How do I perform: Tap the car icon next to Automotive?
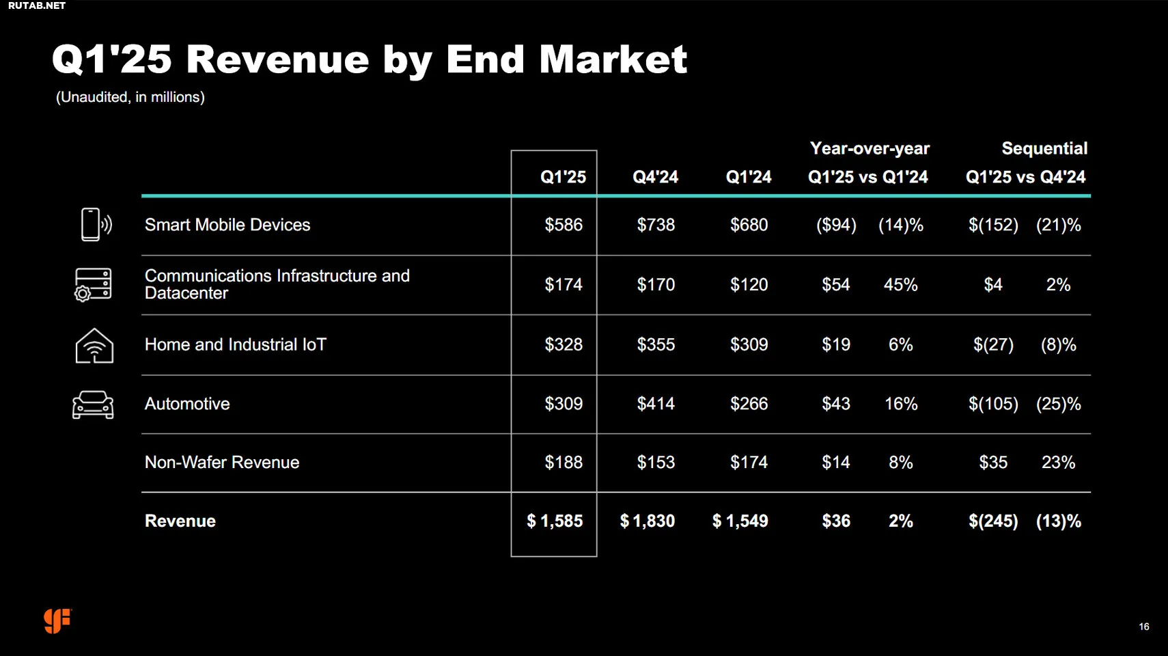pos(93,405)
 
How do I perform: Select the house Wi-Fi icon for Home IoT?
pos(94,346)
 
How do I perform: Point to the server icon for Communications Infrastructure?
pos(93,284)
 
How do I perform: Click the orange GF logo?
pos(57,620)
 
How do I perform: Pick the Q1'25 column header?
pos(563,177)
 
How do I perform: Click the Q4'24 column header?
pos(655,177)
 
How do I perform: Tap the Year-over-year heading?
pos(869,148)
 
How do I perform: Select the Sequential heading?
pos(1044,148)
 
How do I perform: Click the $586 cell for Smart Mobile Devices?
pos(564,225)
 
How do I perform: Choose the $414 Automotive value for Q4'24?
pos(656,404)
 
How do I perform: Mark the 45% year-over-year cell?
pos(900,285)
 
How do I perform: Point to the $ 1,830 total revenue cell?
pos(647,521)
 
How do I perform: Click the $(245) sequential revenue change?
pos(992,521)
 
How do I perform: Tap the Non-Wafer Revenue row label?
pos(222,463)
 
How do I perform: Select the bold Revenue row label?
pos(180,521)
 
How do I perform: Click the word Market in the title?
pos(613,59)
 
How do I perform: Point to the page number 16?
pos(1144,627)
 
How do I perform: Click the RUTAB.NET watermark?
pos(37,5)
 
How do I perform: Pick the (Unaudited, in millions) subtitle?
pos(130,97)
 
